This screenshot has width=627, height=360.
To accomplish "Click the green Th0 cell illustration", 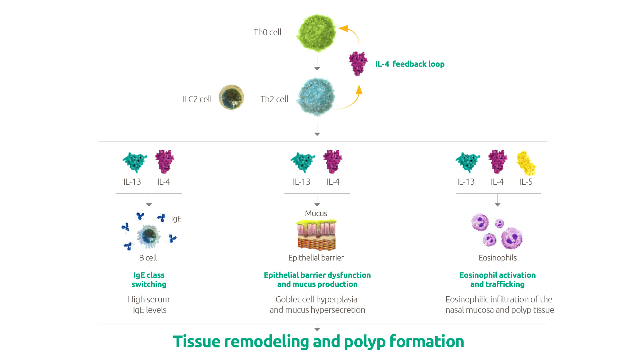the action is coord(316,33).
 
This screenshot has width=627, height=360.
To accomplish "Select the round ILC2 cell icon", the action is coord(231,97).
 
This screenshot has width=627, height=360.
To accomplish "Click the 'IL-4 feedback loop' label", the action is coord(410,64).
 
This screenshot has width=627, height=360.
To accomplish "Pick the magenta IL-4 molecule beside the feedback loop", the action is coord(358,63).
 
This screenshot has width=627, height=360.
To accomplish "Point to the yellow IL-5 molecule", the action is coord(526,163).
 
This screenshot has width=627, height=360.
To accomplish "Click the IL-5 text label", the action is coord(526,182).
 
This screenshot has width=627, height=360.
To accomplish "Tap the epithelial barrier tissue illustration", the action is coord(316,235).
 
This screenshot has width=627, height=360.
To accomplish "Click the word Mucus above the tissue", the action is coord(316,213).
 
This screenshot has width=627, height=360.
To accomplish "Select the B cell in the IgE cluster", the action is coord(149,236).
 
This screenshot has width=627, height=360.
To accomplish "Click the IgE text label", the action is coord(176,219).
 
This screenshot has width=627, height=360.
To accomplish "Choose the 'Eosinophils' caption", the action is coord(497,258).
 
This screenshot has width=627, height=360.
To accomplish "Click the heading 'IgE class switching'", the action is coord(149,280).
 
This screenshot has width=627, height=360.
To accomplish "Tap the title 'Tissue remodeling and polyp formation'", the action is coord(319,342).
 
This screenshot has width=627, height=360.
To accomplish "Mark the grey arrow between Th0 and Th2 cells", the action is coord(317,63).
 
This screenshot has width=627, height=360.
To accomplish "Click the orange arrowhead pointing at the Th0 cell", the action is coord(343,28).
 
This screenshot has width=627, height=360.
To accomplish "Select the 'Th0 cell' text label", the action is coord(267,32).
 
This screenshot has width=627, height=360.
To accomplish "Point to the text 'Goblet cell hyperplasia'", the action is coord(316,300).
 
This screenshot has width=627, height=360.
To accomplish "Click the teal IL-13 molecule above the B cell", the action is coord(135,162).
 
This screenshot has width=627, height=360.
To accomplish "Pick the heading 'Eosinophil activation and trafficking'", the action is coord(497,280).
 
